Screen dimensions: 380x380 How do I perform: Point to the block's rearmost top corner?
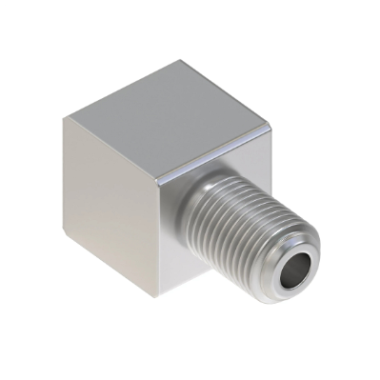tap(181, 62)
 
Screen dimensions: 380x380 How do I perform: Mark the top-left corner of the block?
tap(65, 118)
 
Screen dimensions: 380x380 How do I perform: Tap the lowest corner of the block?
tap(153, 296)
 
